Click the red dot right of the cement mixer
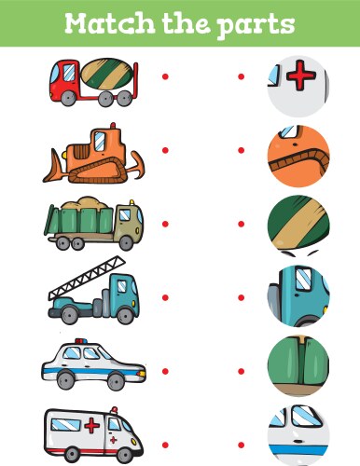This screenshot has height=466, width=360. click(165, 76)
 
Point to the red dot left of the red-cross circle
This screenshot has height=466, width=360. click(241, 76)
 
